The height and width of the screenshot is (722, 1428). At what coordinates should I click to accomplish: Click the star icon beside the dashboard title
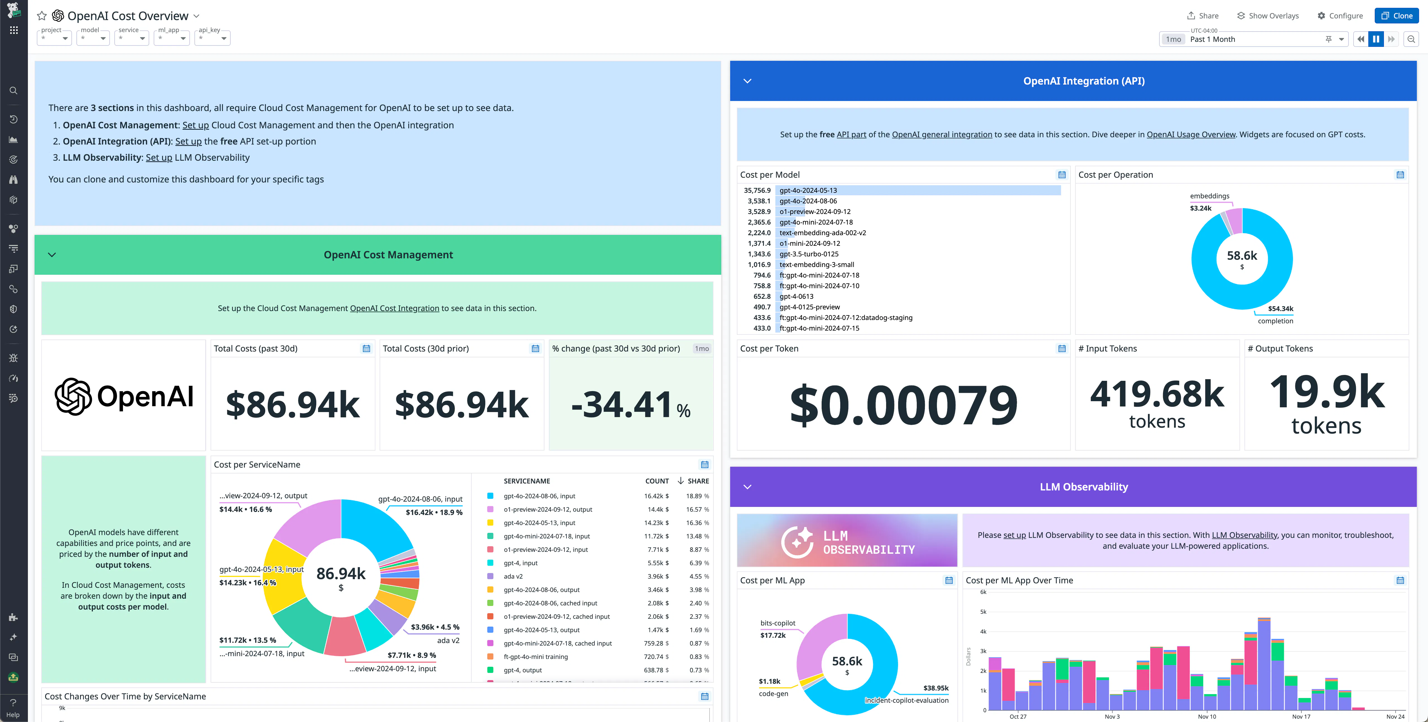pyautogui.click(x=42, y=16)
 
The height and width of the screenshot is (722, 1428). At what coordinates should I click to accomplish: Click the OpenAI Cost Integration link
pyautogui.click(x=394, y=308)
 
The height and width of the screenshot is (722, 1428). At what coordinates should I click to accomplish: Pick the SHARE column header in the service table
pyautogui.click(x=698, y=481)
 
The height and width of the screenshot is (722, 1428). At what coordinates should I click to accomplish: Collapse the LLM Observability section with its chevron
pyautogui.click(x=747, y=487)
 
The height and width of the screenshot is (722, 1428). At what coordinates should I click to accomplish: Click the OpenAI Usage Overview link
pyautogui.click(x=1191, y=134)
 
